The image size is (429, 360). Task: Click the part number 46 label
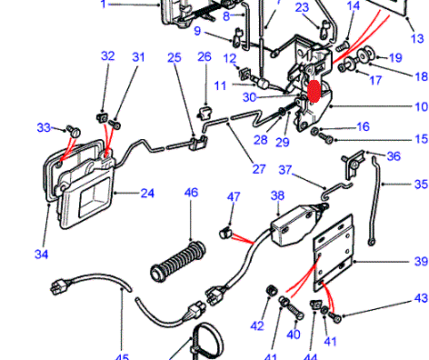click(191, 193)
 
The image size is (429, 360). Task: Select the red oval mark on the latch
click(314, 91)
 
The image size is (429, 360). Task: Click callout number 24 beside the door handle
click(147, 194)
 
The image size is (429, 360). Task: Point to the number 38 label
click(277, 195)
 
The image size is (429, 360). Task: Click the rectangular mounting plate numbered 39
click(334, 253)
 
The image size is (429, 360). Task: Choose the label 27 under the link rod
click(259, 169)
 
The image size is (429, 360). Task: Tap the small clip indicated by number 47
click(225, 233)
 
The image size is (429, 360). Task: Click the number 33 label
click(44, 127)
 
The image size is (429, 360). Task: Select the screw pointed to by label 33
click(74, 131)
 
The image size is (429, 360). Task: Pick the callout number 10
click(421, 106)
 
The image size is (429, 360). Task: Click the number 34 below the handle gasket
click(42, 254)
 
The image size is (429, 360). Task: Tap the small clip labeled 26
click(205, 113)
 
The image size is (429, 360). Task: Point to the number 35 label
click(421, 185)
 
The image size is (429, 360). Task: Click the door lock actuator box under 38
click(292, 225)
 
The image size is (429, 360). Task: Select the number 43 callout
click(421, 298)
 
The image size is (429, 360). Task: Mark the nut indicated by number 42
click(272, 290)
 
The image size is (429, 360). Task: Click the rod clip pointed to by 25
click(199, 143)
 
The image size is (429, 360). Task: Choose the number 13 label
click(417, 39)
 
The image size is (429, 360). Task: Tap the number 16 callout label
click(363, 126)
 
